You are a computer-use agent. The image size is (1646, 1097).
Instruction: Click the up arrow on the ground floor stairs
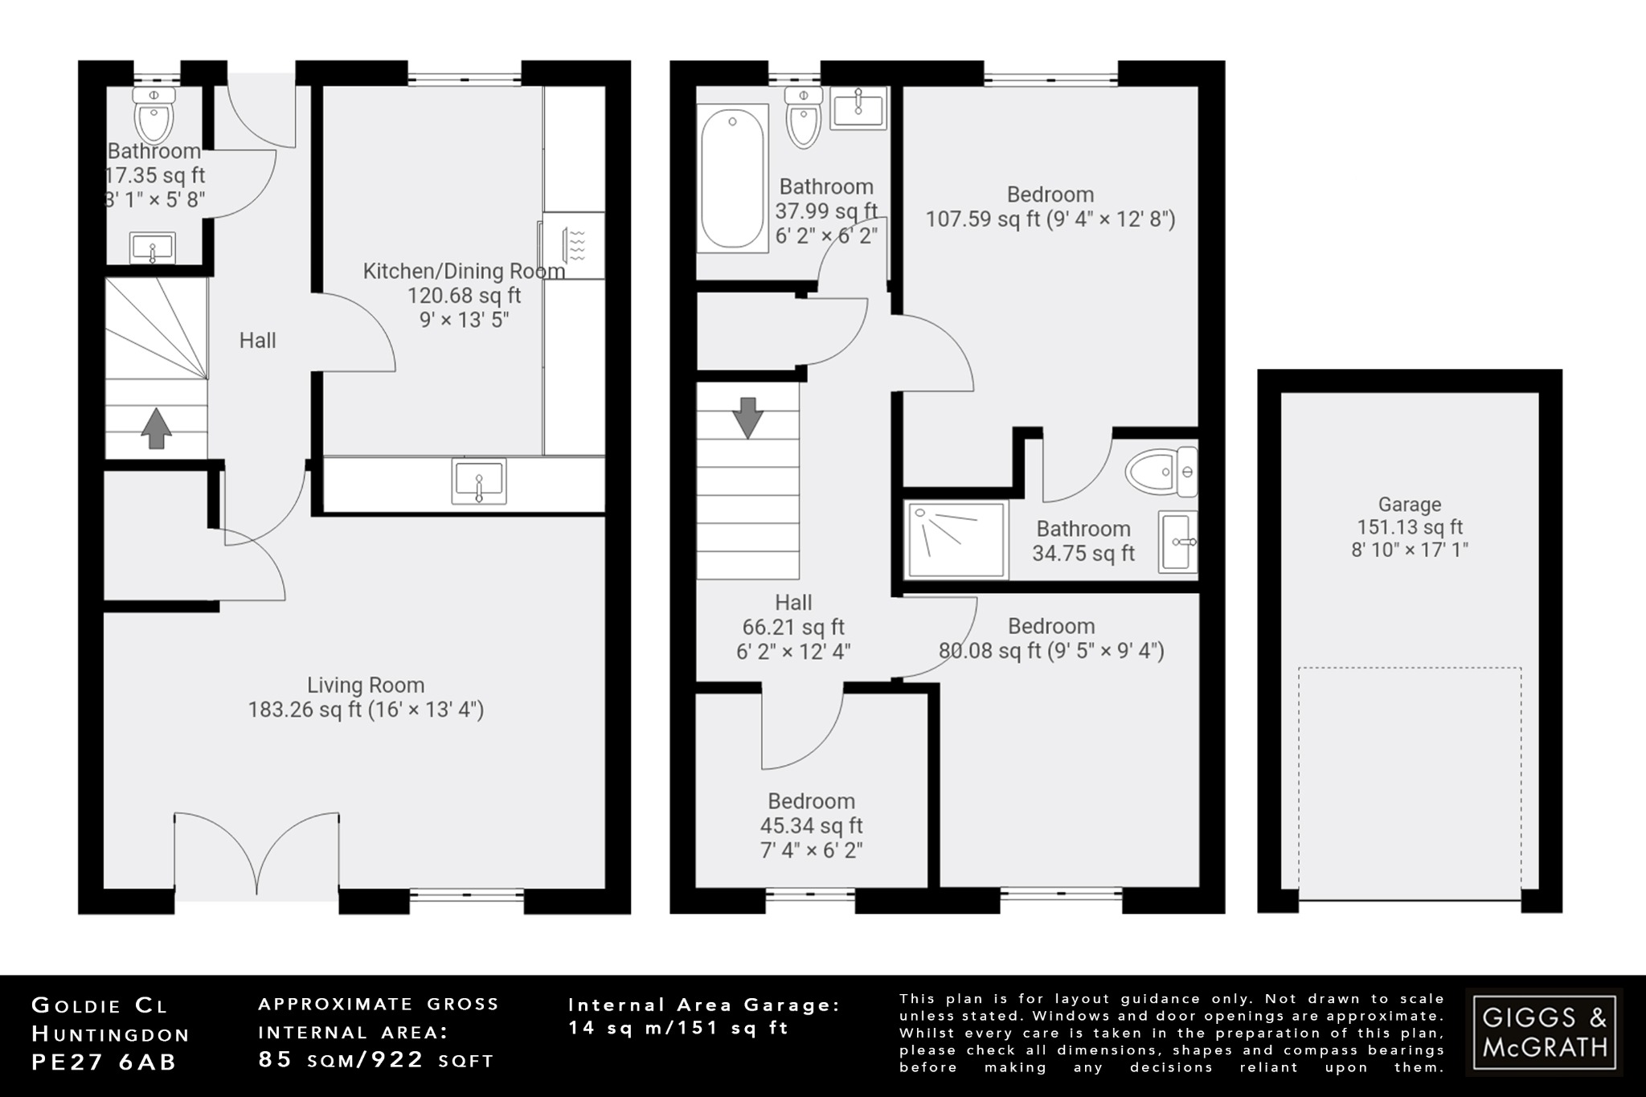pos(156,428)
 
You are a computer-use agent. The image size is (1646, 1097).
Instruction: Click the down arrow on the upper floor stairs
pos(747,417)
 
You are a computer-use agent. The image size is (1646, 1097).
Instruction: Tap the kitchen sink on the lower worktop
pos(479,481)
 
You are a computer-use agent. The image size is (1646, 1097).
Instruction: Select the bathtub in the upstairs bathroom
pos(731,178)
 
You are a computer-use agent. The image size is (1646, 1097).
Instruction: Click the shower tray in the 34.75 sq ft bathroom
pos(956,539)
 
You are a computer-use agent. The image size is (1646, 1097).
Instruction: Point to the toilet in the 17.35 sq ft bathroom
pos(154,116)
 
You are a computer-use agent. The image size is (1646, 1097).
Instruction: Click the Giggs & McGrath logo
pos(1544,1032)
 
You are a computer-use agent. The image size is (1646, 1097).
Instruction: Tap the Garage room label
pos(1409,505)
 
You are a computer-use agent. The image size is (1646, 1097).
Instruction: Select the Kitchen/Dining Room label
pos(464,271)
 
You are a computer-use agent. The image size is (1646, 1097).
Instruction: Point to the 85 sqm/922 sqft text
pos(376,1060)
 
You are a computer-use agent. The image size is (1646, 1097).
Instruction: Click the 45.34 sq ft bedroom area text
pos(811,825)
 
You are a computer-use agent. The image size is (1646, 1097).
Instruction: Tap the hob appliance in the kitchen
pos(574,245)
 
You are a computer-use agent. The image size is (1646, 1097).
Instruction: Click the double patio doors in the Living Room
pos(256,856)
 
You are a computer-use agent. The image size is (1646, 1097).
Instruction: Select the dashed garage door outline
pos(1409,784)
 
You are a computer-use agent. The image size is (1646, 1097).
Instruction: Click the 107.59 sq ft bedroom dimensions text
pos(1050,219)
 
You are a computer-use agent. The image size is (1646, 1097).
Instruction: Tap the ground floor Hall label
pos(257,341)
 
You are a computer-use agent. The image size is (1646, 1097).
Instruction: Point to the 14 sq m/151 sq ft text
pos(679,1028)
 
